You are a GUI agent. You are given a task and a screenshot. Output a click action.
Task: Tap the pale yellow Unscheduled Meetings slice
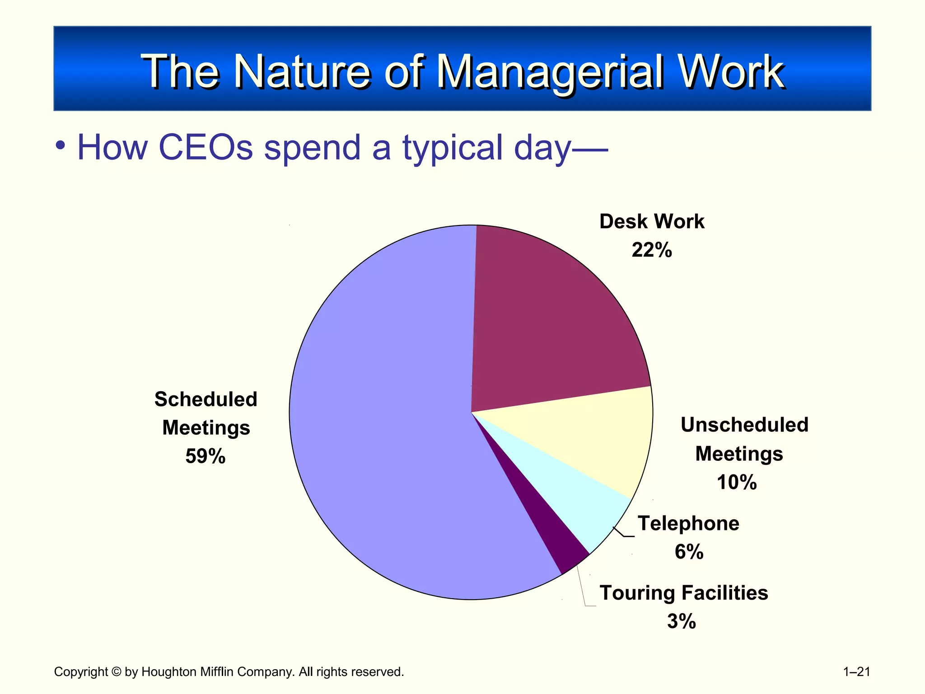pyautogui.click(x=596, y=438)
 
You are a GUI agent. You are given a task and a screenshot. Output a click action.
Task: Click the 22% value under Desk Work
pyautogui.click(x=651, y=250)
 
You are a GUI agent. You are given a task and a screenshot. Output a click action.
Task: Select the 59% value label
pyautogui.click(x=205, y=456)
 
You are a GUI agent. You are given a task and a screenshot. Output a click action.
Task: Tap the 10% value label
pyautogui.click(x=736, y=482)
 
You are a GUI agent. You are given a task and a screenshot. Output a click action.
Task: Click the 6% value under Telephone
pyautogui.click(x=689, y=552)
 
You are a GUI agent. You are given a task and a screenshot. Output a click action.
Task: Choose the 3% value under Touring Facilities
pyautogui.click(x=681, y=621)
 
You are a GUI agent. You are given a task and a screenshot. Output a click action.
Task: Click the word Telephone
pyautogui.click(x=688, y=524)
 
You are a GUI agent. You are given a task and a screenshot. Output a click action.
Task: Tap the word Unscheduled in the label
pyautogui.click(x=744, y=425)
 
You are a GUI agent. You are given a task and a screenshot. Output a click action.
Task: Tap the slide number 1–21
pyautogui.click(x=856, y=672)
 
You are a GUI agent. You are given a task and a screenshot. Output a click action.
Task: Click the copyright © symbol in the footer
pyautogui.click(x=116, y=672)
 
